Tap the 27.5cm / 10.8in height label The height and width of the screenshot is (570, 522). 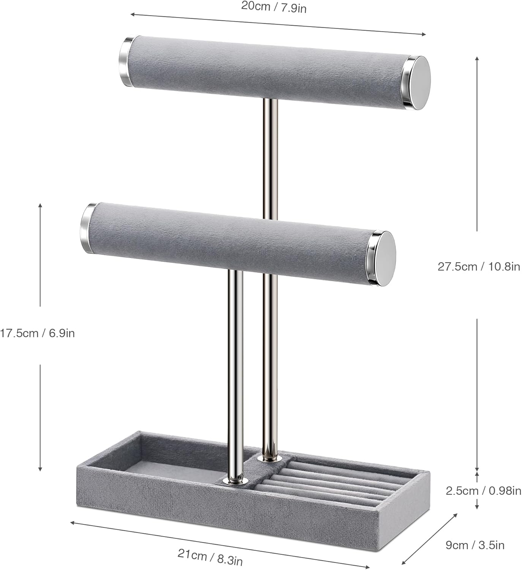pos(478,266)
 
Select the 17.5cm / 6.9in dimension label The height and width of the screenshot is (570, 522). pos(37,333)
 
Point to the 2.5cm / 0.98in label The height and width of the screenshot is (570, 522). pos(483,491)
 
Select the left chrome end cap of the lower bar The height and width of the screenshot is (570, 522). pos(87,227)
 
